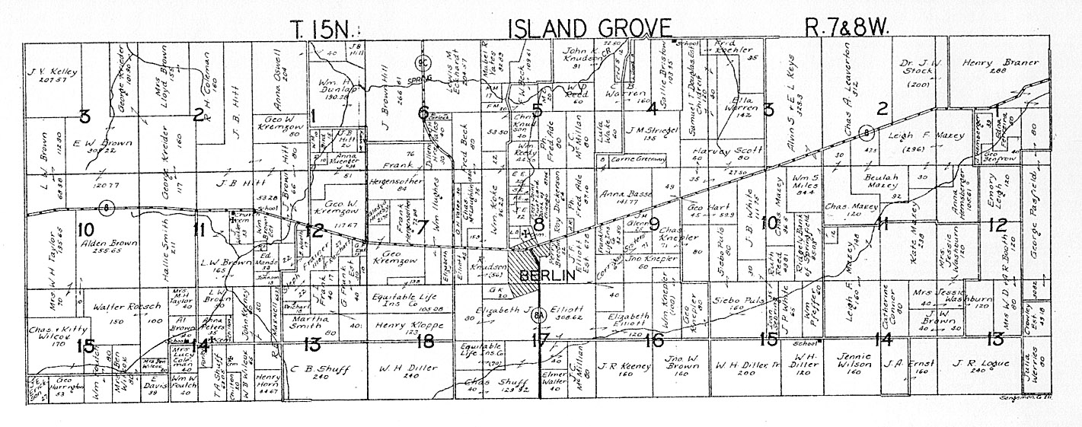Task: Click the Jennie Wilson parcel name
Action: pyautogui.click(x=858, y=360)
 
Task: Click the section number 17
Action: pyautogui.click(x=541, y=339)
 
